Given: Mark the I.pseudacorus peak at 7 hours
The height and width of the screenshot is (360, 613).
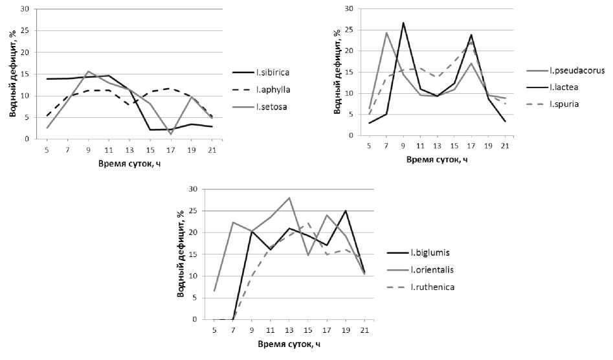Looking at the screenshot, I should click(x=386, y=32).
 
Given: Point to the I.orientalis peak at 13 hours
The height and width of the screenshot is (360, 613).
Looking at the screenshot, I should click(x=289, y=197).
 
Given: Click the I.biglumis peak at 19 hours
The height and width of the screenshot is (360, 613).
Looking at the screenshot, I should click(x=346, y=210).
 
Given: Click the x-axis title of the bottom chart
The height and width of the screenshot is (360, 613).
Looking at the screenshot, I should click(x=289, y=344).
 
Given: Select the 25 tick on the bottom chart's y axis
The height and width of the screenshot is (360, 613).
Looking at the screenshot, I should click(x=192, y=211).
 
